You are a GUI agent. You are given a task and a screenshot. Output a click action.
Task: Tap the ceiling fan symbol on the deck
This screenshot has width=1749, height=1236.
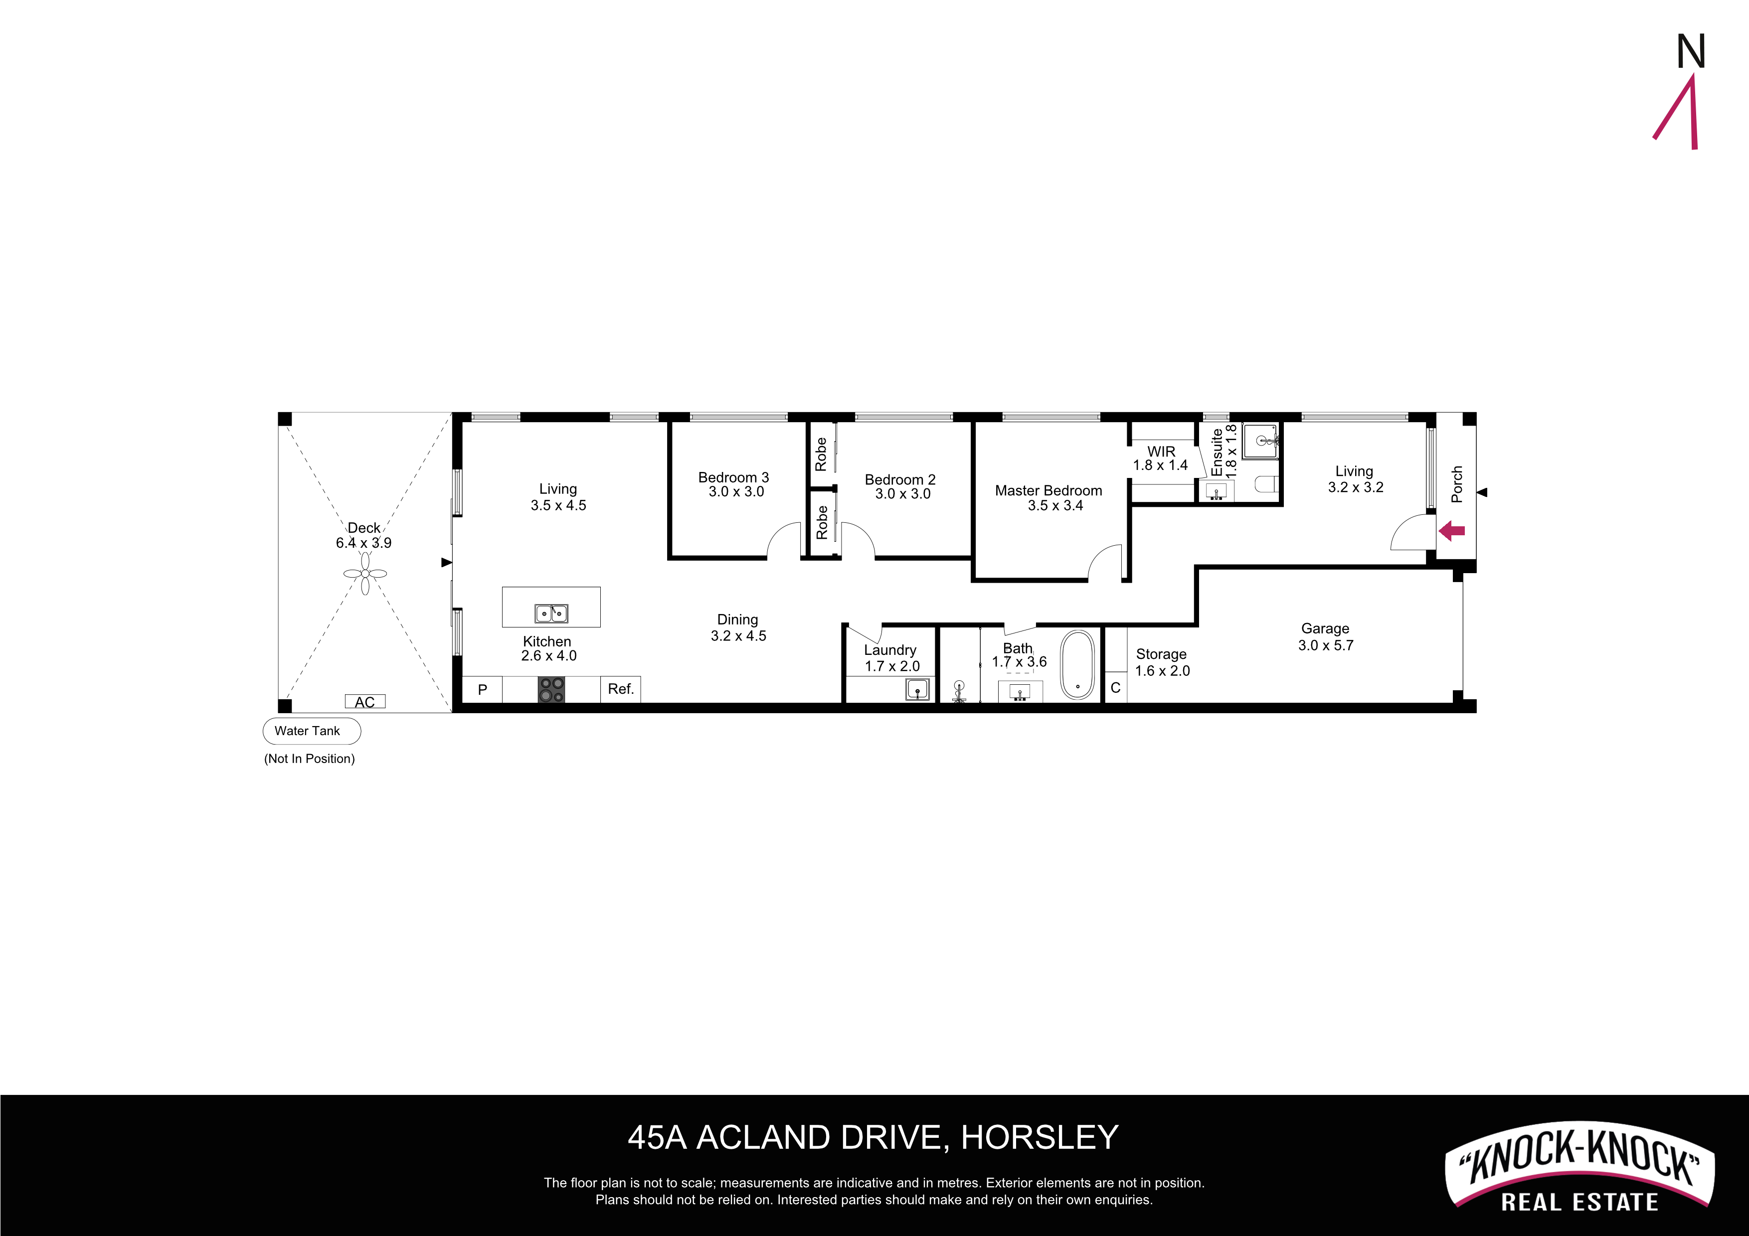pos(365,574)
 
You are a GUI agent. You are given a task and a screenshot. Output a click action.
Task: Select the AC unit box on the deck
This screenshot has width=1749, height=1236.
pos(365,701)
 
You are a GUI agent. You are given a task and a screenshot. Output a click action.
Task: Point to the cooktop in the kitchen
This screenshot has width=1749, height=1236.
pos(551,690)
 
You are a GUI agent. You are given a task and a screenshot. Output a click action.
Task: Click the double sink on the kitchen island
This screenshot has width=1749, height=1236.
pos(551,613)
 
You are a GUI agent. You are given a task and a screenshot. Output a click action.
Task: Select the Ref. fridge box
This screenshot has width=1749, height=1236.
pos(621,689)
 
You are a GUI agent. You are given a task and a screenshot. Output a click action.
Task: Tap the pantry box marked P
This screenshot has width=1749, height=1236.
pos(482,689)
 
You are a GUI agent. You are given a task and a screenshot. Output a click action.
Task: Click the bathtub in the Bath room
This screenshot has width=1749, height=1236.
pos(1077,664)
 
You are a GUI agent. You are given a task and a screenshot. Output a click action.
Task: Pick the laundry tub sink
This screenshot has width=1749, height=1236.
pos(918,690)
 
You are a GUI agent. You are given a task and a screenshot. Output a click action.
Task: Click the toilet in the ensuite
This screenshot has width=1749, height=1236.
pos(1266,483)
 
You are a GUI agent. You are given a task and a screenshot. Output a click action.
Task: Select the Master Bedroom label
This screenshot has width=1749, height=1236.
pos(1049,490)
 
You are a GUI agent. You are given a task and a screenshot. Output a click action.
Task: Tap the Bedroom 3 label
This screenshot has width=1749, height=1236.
pos(733,477)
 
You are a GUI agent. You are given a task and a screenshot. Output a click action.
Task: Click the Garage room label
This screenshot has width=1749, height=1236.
pos(1326,628)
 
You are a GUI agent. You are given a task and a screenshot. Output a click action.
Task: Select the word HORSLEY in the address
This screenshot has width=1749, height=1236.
pos(1040,1138)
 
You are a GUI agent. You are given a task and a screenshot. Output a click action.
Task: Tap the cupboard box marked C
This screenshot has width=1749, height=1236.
pos(1116,688)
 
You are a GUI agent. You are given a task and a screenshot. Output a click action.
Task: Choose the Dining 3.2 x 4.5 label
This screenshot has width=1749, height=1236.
pos(738,627)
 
